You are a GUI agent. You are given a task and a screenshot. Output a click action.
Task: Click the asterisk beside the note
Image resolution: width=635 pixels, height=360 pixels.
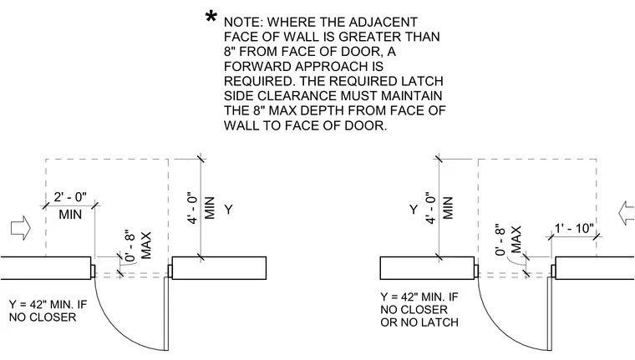coord(211,18)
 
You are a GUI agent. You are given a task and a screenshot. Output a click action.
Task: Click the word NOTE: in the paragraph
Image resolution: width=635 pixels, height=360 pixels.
coord(243,22)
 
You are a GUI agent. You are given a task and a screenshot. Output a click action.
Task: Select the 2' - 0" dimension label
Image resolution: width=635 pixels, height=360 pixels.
coord(70,197)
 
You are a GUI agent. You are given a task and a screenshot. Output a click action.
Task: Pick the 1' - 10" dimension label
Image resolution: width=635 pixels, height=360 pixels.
coord(574,228)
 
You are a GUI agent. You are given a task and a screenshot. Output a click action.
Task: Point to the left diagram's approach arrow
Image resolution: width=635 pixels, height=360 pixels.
coord(21,228)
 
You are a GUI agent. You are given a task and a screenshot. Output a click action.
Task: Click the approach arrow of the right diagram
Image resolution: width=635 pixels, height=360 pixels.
coord(627,213)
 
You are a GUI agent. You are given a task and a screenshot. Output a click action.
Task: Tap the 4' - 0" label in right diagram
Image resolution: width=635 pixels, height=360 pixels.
coord(430,209)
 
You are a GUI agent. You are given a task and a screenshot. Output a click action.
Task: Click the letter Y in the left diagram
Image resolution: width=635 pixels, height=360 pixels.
coord(228,210)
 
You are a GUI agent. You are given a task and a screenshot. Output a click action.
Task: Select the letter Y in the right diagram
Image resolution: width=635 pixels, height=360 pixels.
coord(413,210)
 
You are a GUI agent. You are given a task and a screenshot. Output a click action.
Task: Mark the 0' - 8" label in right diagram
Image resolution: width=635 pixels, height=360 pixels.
coord(500,240)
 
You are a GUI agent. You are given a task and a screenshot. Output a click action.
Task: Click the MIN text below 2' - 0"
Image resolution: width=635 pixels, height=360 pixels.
coord(70,214)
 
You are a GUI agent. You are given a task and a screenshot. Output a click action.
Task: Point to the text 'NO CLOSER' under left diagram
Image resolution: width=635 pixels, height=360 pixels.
coord(43,317)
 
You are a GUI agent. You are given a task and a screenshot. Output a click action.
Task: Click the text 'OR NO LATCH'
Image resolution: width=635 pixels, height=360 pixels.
coord(419,322)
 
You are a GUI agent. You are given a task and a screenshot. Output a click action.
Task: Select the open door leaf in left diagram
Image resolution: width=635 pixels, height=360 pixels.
coord(166,314)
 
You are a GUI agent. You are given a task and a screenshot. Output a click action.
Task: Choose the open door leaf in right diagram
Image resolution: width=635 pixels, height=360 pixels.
coord(550,314)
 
